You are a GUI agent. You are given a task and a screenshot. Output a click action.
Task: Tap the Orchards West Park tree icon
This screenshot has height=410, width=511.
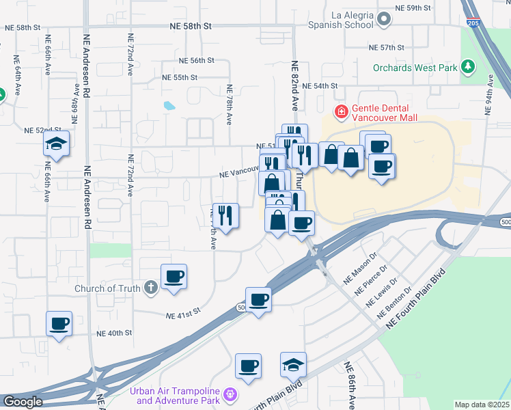click(467, 67)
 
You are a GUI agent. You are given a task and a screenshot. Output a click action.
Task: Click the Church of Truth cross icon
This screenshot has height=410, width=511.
click(151, 288)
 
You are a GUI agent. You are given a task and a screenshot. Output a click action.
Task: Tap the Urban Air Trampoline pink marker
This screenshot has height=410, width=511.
click(230, 395)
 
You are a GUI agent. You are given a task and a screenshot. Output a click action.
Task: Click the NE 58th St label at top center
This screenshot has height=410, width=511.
click(191, 25)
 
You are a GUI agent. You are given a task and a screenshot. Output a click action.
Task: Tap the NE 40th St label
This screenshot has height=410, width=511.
click(113, 333)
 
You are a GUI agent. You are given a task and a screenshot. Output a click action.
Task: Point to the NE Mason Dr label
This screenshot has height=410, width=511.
click(360, 266)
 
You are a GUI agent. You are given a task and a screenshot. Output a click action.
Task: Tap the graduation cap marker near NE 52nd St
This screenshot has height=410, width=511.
click(56, 143)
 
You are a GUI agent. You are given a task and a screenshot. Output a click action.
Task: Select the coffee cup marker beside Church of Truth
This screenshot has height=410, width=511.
click(174, 277)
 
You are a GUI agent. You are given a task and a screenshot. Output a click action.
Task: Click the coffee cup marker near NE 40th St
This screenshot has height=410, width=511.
click(59, 323)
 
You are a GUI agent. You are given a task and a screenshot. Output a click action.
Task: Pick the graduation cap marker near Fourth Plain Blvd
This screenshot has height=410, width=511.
click(293, 365)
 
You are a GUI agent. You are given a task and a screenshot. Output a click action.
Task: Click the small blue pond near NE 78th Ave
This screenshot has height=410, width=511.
click(168, 106)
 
